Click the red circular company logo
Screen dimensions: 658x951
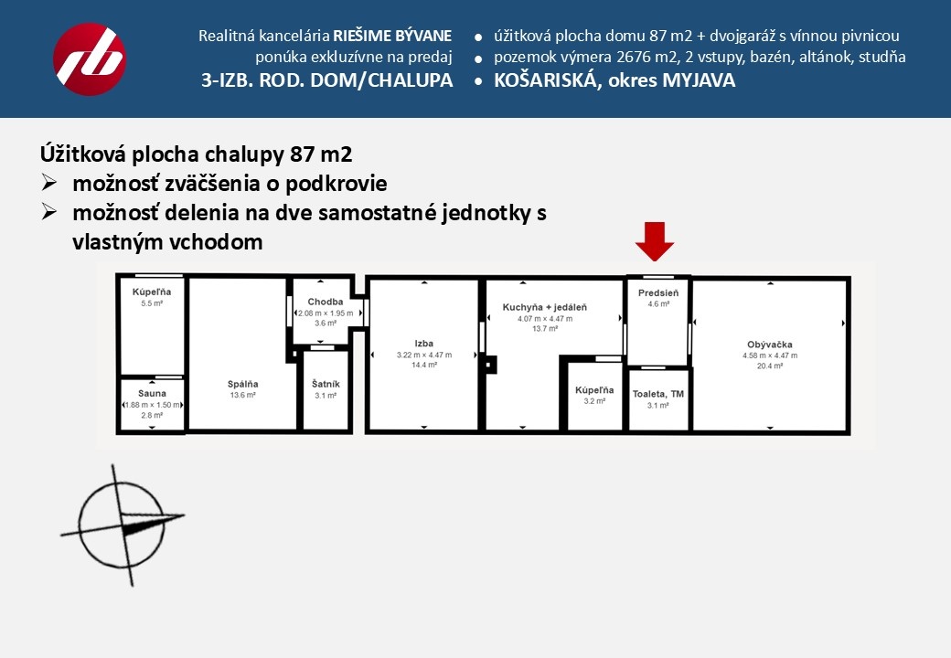(90, 59)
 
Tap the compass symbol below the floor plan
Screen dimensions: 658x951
(123, 525)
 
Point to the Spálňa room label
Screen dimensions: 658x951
(243, 384)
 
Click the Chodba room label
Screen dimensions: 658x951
(326, 302)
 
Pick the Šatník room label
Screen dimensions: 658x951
(326, 384)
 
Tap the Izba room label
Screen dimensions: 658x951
(423, 344)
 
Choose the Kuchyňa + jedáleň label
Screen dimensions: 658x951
(544, 308)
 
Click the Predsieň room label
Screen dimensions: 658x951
(658, 292)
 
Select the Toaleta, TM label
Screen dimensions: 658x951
(658, 394)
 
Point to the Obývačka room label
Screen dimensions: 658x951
(769, 345)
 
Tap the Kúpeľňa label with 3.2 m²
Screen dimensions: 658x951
(593, 390)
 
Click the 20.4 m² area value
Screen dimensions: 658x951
(769, 365)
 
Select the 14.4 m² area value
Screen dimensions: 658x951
(423, 365)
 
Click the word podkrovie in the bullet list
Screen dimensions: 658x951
(337, 184)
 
